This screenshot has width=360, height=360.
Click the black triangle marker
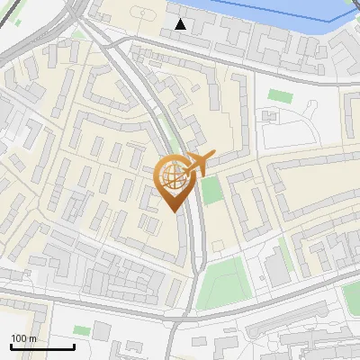pos(181,24)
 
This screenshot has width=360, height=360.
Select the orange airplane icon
pos(195,164)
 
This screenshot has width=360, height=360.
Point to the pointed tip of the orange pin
pos(173,210)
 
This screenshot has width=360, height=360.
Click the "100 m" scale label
pos(23,338)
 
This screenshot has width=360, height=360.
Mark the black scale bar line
pos(42,346)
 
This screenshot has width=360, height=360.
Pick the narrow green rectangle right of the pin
pos(211,190)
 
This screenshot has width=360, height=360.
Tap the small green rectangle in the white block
pos(280,95)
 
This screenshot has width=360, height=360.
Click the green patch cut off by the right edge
pos(352,293)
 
